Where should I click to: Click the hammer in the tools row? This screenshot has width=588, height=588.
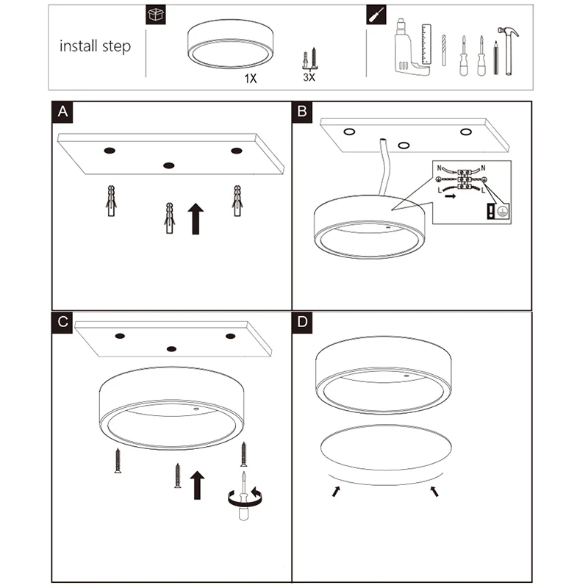(x=509, y=51)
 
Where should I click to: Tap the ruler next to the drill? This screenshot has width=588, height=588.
(x=426, y=44)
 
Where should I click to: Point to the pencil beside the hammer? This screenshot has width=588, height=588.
(x=495, y=58)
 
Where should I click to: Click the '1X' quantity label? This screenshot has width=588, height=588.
(x=251, y=79)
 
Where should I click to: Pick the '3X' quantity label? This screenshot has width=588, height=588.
(x=309, y=77)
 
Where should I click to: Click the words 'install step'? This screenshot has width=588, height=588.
(x=96, y=46)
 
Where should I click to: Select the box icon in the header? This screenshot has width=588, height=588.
(x=156, y=15)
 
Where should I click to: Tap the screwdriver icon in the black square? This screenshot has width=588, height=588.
(x=376, y=15)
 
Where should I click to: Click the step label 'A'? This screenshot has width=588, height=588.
(x=62, y=112)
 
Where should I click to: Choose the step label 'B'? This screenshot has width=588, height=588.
(x=302, y=112)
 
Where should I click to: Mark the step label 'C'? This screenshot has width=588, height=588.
(x=62, y=322)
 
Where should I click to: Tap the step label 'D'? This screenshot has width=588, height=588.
(x=302, y=322)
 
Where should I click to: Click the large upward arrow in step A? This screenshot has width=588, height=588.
(x=196, y=219)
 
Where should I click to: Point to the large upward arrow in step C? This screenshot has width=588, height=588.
(x=197, y=485)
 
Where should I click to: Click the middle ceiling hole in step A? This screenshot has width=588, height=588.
(x=169, y=165)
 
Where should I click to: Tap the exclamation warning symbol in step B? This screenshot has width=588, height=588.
(x=490, y=211)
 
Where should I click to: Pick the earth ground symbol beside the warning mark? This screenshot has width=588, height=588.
(x=503, y=211)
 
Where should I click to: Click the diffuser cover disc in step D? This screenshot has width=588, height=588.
(x=386, y=447)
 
